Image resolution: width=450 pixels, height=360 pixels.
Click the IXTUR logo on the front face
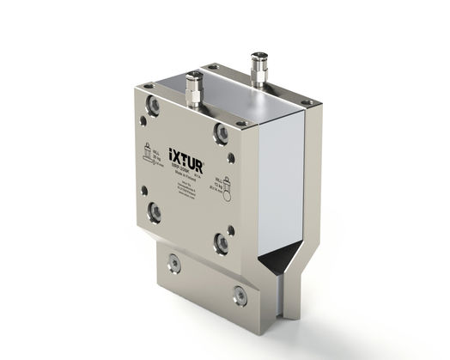(185, 162)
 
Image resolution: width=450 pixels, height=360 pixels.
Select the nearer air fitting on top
(196, 89)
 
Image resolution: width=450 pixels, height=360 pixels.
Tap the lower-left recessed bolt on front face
(155, 211)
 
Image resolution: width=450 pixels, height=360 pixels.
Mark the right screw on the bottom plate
(240, 296)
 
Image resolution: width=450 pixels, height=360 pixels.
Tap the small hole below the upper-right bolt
(229, 158)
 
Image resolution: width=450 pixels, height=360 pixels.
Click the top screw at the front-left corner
(149, 85)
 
